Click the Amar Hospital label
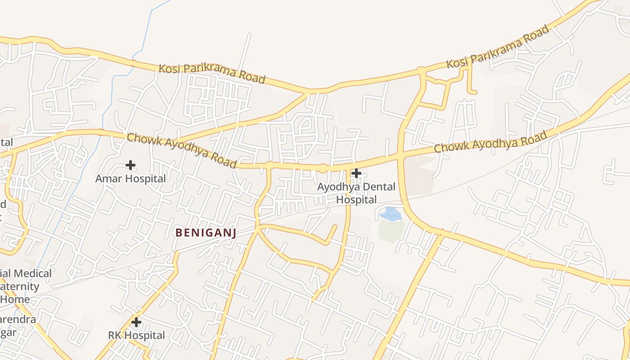[130, 179]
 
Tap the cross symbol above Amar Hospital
[130, 165]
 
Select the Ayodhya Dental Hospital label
[356, 193]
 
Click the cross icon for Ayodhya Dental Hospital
[356, 173]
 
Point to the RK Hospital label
[136, 335]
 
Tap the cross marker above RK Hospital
[136, 322]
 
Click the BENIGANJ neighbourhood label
[206, 233]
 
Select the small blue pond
[390, 213]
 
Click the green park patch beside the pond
[391, 230]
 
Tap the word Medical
[32, 273]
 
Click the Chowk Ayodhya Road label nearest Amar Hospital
[181, 150]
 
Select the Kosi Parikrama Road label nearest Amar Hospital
[211, 73]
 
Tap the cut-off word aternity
[20, 286]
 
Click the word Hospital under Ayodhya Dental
[356, 199]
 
